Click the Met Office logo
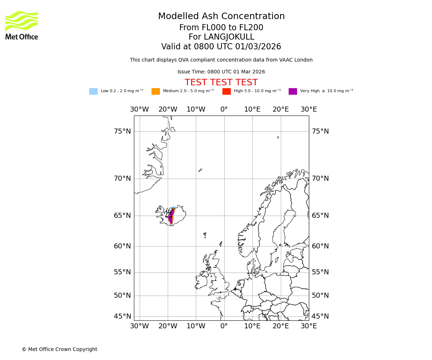coord(22,25)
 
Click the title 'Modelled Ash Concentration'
coord(221,17)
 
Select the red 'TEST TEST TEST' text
coord(221,83)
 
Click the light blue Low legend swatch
coord(93,91)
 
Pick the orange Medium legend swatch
coord(156,91)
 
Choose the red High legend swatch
coord(226,91)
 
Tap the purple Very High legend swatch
coord(293,91)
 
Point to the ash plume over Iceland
coord(171,216)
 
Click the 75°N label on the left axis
coord(122,131)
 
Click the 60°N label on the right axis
coord(320,246)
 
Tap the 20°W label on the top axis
coord(168,109)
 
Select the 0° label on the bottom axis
coord(224,326)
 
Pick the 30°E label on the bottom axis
coord(309,326)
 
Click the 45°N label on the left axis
coord(122,316)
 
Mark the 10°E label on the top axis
coord(252,109)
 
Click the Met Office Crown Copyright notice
coord(59,350)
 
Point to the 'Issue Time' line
coord(221,72)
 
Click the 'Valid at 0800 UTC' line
coord(221,47)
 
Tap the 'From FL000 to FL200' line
coord(221,28)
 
